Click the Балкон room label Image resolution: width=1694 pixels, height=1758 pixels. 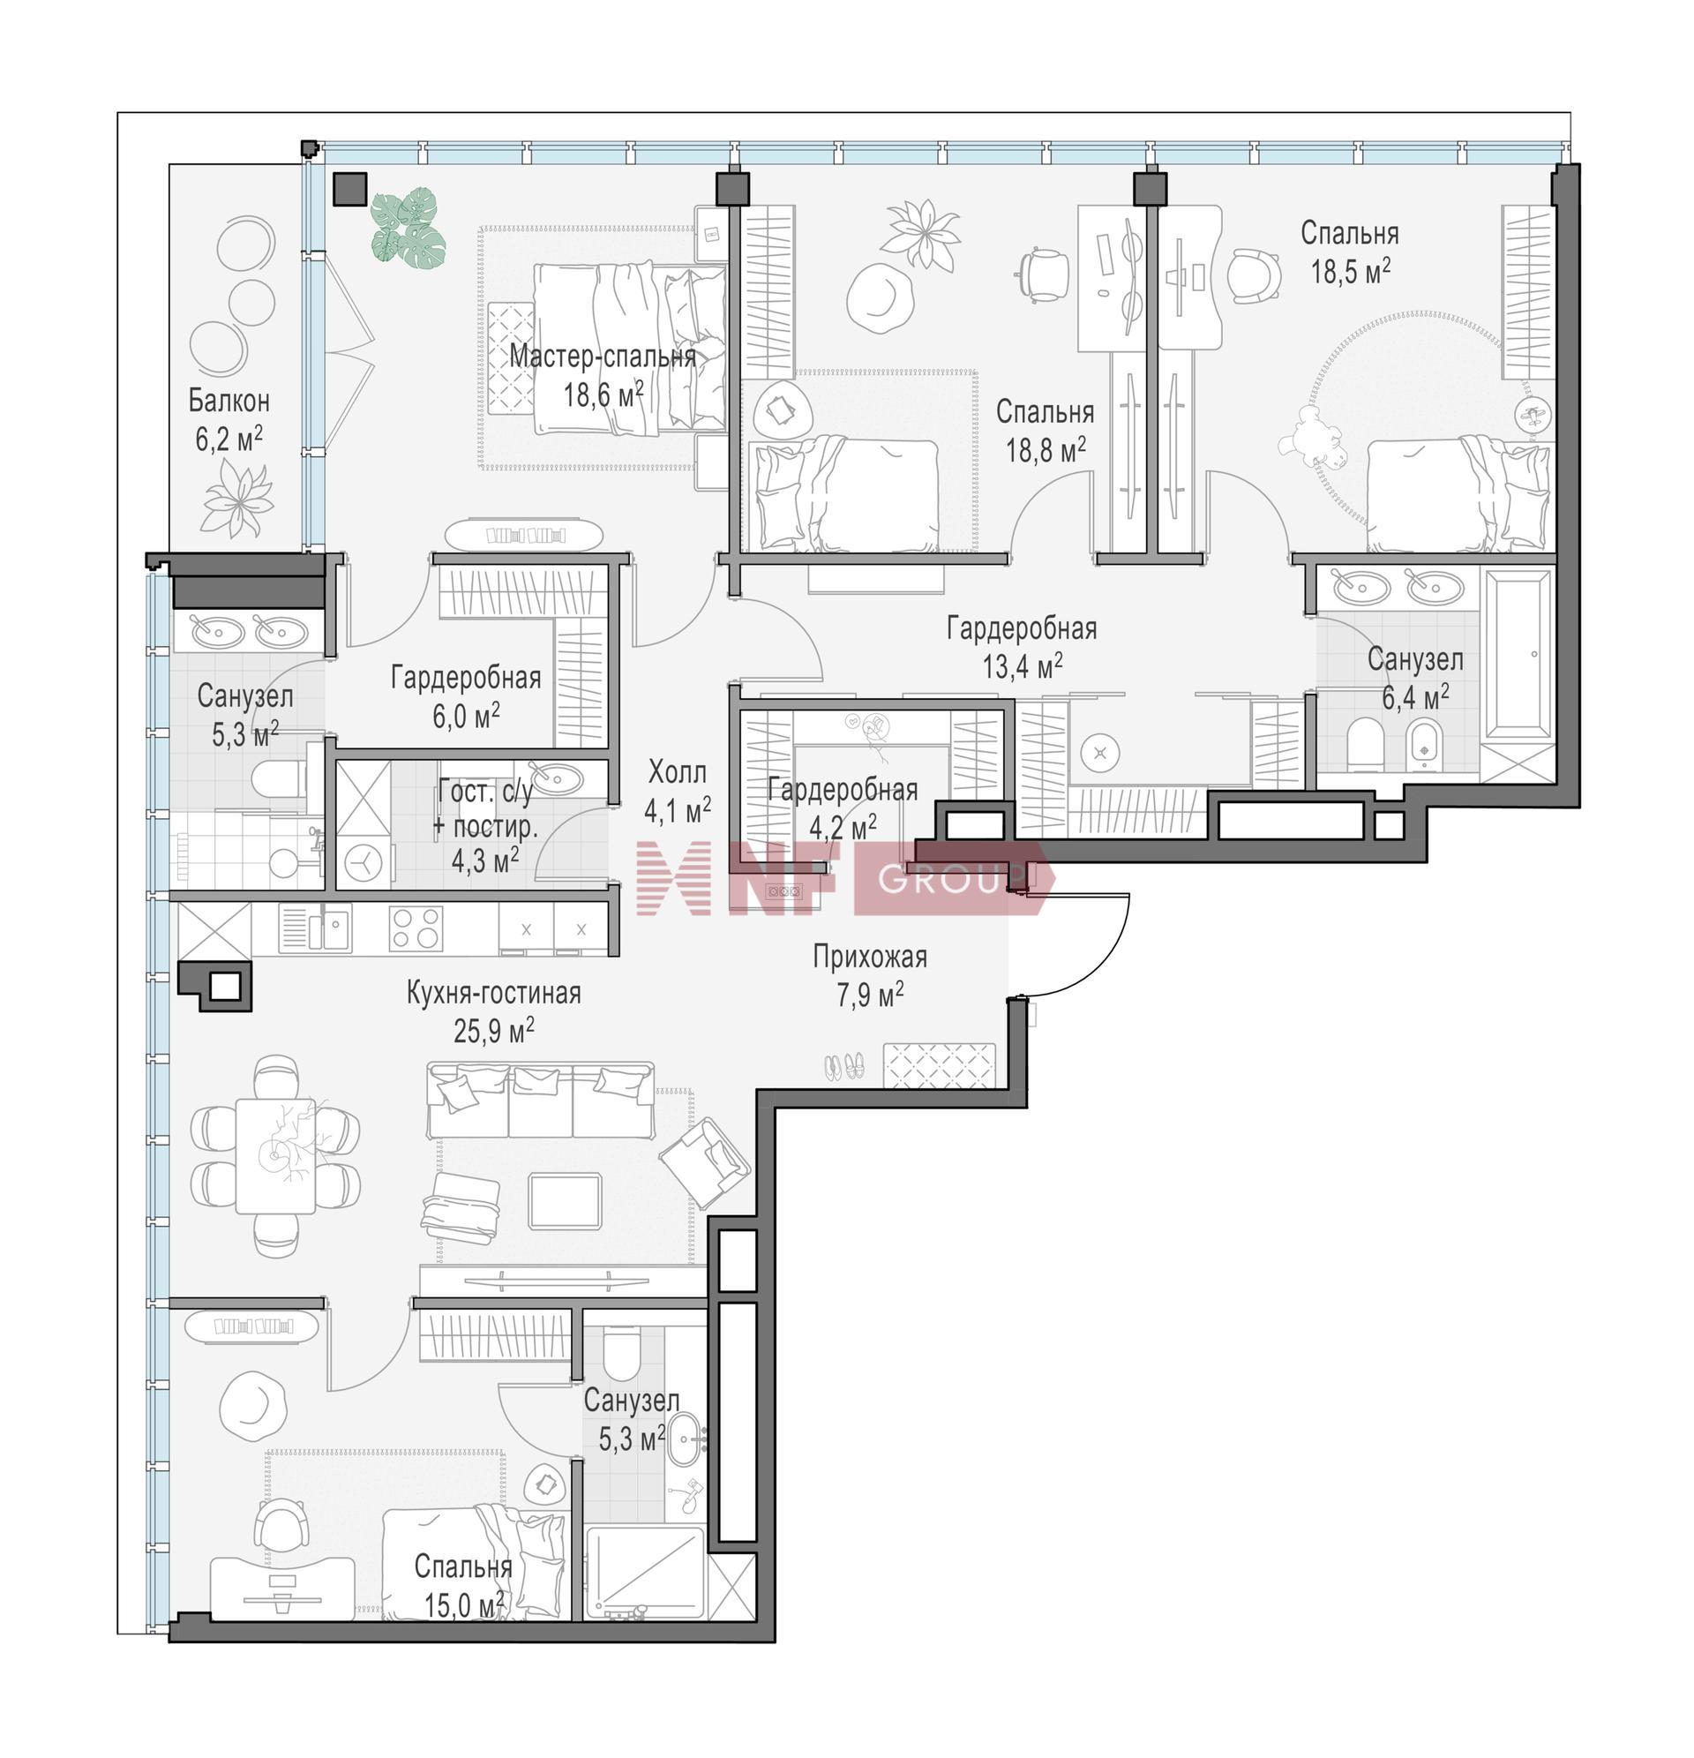229,401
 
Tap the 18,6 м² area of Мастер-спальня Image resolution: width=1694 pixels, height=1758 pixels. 603,393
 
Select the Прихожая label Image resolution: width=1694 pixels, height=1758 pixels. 870,957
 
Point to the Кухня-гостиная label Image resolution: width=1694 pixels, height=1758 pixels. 493,993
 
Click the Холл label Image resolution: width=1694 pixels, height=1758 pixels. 677,771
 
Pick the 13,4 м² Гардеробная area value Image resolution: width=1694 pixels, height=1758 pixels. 1023,666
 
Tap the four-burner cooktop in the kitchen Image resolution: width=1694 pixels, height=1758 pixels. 416,928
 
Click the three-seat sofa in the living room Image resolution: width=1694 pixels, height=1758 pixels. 540,1101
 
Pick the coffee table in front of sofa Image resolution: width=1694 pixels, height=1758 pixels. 565,1201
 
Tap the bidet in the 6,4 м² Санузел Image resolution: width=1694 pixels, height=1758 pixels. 1423,743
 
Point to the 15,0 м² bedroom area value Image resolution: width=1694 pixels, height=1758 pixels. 463,1604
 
